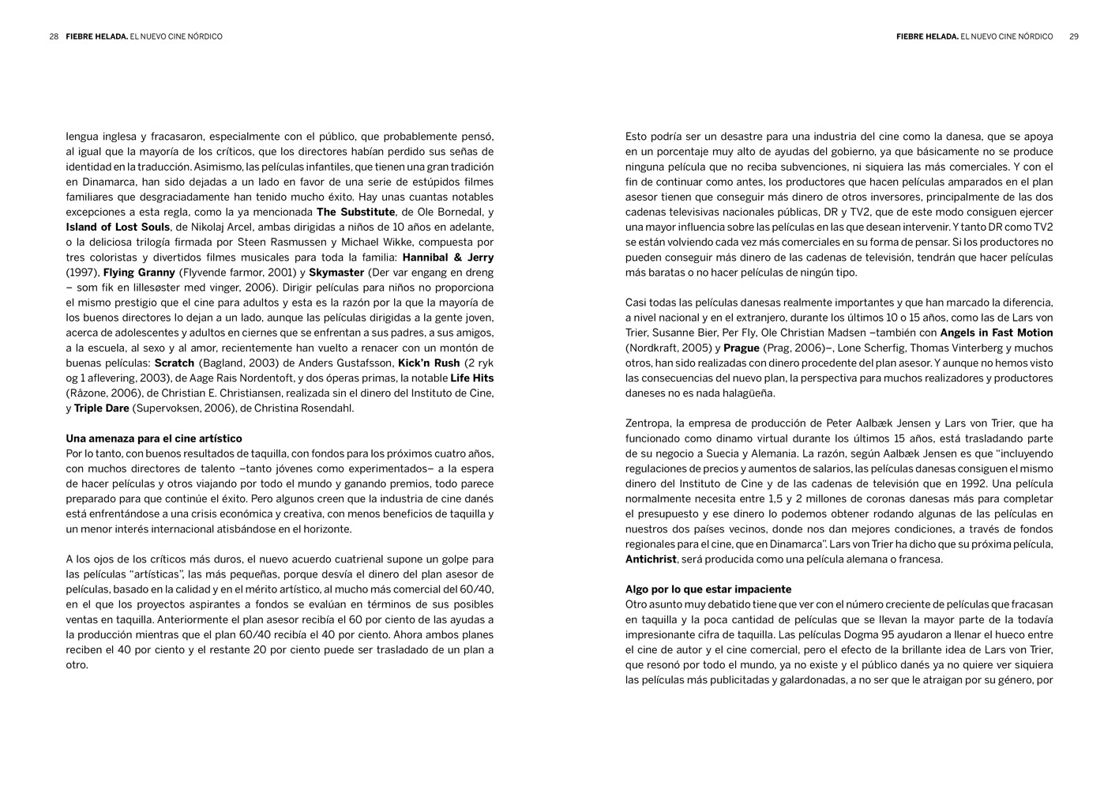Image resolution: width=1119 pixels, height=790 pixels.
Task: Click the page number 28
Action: point(54,36)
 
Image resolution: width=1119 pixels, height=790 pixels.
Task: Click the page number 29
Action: point(1074,36)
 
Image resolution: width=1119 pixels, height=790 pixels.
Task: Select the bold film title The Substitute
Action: point(355,213)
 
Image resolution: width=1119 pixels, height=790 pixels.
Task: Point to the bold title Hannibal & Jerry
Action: point(448,258)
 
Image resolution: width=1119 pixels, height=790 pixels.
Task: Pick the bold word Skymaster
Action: point(336,273)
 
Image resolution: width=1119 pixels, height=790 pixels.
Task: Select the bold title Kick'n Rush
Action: point(429,363)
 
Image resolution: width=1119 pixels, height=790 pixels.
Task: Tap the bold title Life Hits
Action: point(471,378)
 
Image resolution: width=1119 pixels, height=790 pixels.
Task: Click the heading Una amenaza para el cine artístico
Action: point(154,438)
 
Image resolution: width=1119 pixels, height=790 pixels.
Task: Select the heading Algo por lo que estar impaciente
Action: point(708,589)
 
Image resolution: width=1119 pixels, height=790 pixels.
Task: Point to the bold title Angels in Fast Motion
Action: point(996,333)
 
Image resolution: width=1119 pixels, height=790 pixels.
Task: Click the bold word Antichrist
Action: point(651,559)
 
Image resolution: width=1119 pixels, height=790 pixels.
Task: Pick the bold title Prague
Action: point(741,348)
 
